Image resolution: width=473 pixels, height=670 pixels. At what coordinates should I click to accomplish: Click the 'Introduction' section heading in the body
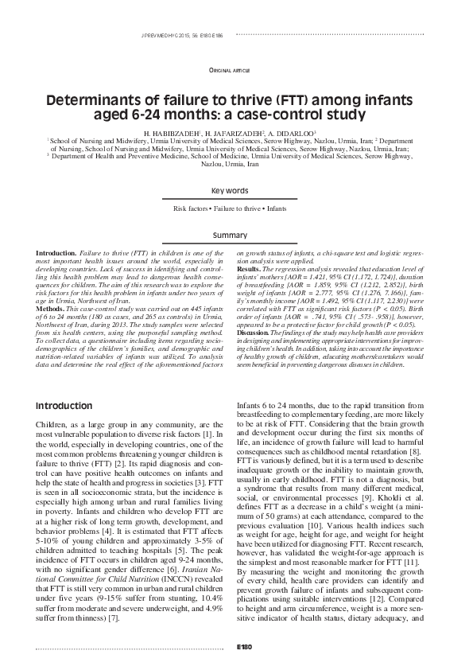(68, 406)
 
